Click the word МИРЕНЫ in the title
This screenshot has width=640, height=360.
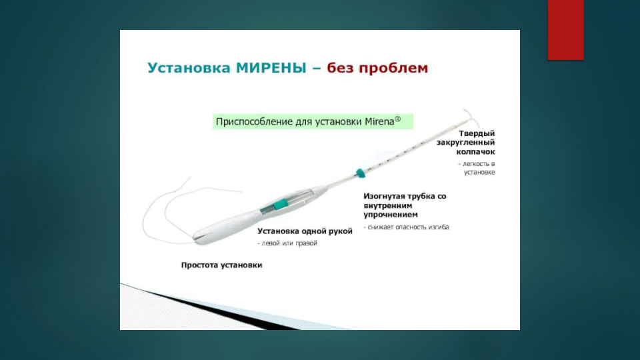271,68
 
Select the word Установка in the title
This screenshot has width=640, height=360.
189,68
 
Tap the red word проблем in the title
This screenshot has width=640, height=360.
393,68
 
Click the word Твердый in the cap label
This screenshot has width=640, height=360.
477,133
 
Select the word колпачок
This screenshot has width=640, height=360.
475,152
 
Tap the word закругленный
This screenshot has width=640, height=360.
466,143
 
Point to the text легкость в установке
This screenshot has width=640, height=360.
477,168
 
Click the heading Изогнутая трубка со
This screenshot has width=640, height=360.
405,196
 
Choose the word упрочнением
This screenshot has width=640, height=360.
391,215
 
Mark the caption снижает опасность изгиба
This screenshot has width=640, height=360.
407,227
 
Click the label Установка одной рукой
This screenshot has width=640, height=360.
305,231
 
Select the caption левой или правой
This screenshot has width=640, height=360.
287,243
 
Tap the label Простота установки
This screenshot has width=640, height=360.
221,265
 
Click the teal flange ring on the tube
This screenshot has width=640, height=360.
360,173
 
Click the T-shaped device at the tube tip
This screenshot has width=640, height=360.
471,117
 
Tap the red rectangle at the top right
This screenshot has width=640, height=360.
566,30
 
